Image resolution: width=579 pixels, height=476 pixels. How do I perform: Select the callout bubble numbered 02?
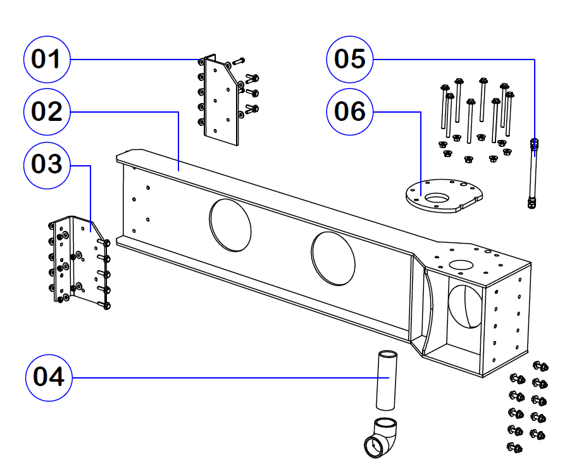[x=47, y=111]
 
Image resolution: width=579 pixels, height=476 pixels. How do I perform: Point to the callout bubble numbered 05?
[x=350, y=59]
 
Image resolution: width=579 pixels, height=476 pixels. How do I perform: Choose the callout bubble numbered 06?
[x=350, y=111]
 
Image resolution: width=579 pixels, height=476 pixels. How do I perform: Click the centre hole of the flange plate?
[x=437, y=197]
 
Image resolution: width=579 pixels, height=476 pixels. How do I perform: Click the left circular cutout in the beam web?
[x=230, y=225]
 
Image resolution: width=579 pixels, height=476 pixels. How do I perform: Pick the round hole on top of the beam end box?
[x=461, y=263]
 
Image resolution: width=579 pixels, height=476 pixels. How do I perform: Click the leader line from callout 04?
[x=221, y=378]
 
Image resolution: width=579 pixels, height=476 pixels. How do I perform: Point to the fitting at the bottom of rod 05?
[x=532, y=203]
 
